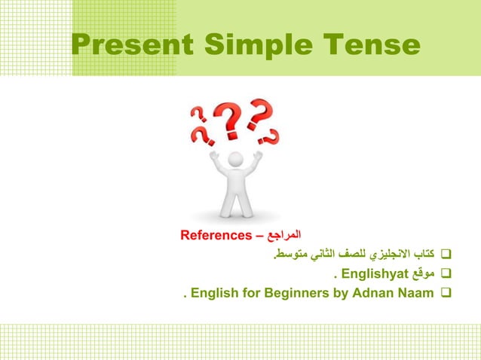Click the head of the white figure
tap(236, 160)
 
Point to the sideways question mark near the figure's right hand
tap(271, 136)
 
